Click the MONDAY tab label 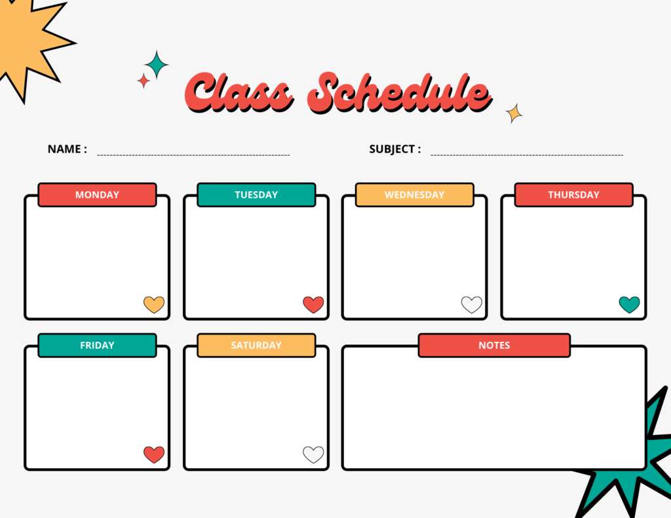97,194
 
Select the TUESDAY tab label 256,194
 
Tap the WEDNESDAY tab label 414,194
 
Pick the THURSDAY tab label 573,194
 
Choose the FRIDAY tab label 97,345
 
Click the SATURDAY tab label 256,345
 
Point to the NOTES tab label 494,345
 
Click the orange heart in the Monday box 154,305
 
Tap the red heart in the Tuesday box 313,305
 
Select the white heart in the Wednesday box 472,305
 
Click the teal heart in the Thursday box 629,305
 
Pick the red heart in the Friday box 154,454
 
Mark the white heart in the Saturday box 313,454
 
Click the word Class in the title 240,93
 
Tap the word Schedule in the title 398,93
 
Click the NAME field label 67,149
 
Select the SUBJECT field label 394,149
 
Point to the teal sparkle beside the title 157,65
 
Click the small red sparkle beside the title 143,81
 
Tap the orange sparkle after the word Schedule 514,113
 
